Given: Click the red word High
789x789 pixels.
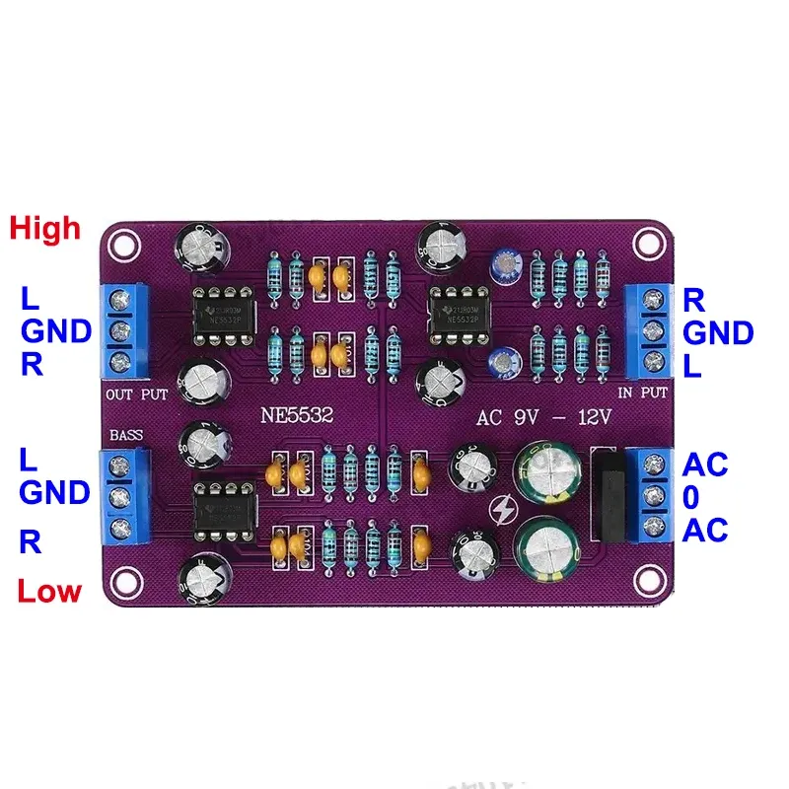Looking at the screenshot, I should pyautogui.click(x=44, y=229).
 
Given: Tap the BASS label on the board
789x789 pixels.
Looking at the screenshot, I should pyautogui.click(x=126, y=434).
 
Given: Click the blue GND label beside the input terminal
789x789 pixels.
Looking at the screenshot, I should pyautogui.click(x=718, y=332).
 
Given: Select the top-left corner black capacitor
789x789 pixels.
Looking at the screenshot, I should pyautogui.click(x=200, y=249).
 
